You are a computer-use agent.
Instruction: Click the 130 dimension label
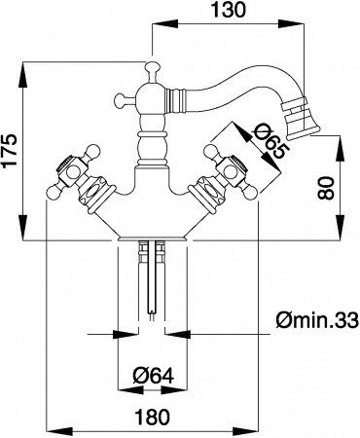click(x=228, y=10)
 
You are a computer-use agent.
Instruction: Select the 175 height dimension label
click(x=10, y=150)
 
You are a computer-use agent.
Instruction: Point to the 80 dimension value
click(x=325, y=188)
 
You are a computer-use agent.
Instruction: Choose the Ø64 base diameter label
click(x=154, y=376)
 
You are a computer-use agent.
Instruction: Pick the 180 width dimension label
click(x=152, y=417)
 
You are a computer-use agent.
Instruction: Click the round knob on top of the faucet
click(x=153, y=67)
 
